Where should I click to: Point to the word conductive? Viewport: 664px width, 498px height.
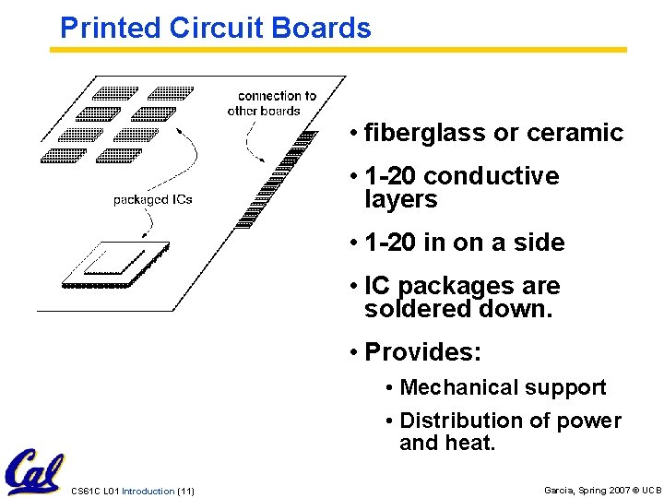point(492,176)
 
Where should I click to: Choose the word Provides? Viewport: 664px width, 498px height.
point(422,352)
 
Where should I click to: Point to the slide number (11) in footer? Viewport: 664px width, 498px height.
point(184,491)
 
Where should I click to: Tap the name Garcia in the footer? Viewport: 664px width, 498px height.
point(559,490)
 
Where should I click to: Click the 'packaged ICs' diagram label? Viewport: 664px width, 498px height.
point(152,199)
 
